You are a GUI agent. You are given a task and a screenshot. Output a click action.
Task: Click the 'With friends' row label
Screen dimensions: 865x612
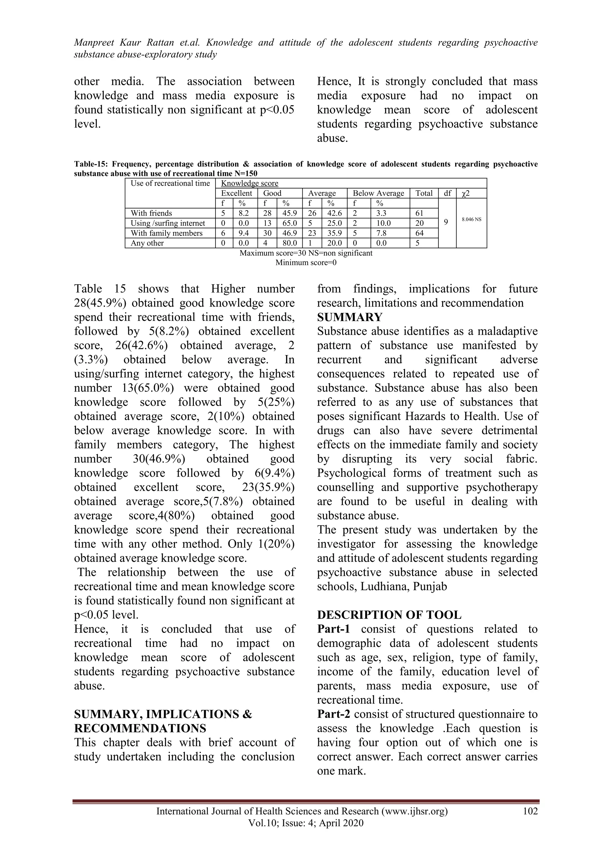(151, 213)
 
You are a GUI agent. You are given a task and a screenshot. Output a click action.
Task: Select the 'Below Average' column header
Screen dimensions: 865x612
(378, 193)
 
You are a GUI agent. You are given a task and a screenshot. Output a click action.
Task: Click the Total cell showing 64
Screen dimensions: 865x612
(420, 233)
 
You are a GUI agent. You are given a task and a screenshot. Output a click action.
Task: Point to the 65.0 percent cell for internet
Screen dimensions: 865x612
(290, 223)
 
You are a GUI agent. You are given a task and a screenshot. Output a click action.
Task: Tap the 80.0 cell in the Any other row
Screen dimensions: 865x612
(290, 243)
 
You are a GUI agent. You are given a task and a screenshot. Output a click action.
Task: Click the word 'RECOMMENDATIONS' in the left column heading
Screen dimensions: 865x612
(140, 728)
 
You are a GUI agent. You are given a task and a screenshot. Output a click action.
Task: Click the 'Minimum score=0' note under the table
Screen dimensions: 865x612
(306, 263)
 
